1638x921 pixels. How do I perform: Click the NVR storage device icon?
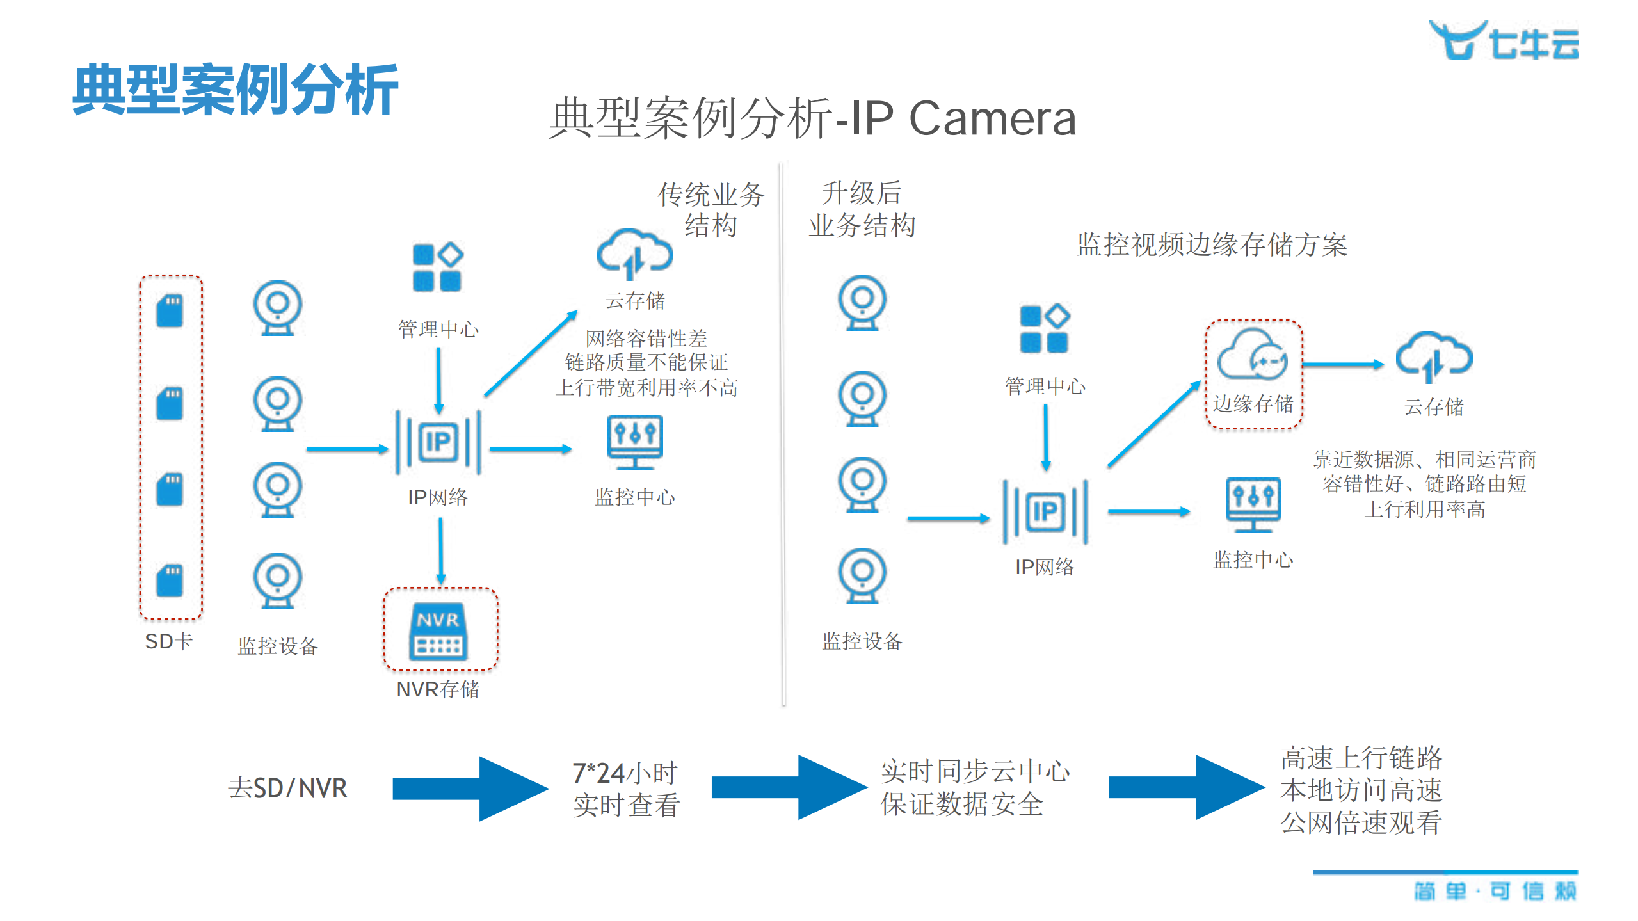tap(438, 631)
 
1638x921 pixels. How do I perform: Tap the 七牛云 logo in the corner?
tap(1504, 41)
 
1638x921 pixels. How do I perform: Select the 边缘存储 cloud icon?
tap(1253, 355)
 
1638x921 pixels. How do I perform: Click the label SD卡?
tap(169, 641)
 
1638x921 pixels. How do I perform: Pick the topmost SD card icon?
tap(170, 311)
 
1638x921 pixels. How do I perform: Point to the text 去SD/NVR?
tap(288, 788)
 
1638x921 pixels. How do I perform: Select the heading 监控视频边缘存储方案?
tap(1212, 244)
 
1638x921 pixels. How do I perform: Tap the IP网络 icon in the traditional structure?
tap(438, 442)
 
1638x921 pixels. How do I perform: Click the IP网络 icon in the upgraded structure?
tap(1045, 511)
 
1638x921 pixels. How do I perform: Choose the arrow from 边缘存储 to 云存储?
tap(1343, 364)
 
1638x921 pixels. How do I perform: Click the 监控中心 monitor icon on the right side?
tap(1253, 504)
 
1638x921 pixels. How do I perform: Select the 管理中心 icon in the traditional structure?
tap(438, 268)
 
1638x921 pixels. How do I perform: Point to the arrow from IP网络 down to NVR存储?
tap(441, 550)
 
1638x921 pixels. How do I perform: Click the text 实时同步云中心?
tap(975, 772)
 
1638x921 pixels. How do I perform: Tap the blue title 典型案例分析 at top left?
tap(235, 90)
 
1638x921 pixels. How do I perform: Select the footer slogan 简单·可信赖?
tap(1495, 891)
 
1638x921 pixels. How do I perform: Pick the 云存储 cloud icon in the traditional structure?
tap(634, 254)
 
